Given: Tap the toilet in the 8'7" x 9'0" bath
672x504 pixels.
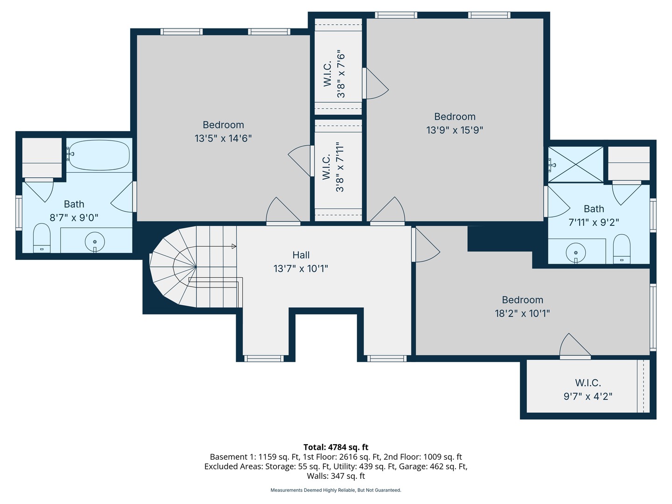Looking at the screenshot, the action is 42,238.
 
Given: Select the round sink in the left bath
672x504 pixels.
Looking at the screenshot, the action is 95,242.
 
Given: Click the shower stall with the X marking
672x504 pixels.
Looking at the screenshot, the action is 575,164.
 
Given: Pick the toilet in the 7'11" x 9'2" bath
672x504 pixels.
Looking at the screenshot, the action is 622,249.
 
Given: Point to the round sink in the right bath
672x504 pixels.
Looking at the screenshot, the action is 576,253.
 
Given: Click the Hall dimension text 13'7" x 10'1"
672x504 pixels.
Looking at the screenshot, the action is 301,269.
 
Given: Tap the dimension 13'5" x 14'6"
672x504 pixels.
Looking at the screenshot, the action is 223,138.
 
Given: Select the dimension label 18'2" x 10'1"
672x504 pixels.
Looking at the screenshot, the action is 522,313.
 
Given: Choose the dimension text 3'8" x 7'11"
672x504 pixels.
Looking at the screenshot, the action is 340,167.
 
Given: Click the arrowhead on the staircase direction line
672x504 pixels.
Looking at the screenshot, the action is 234,246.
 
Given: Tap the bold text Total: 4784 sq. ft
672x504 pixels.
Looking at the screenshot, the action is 336,447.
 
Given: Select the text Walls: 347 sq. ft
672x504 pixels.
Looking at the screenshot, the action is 336,476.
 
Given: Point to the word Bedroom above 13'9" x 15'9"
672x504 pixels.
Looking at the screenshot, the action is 455,117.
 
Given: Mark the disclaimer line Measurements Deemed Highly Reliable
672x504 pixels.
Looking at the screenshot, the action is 336,490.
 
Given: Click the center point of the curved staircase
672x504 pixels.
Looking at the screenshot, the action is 196,267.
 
